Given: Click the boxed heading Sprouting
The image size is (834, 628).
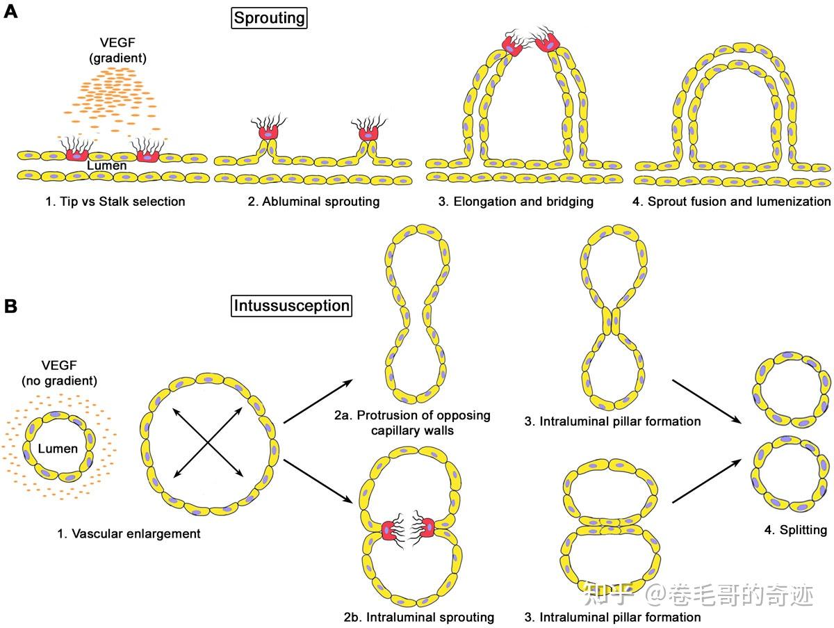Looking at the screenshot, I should pyautogui.click(x=270, y=17).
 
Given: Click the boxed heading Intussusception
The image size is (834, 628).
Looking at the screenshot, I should pyautogui.click(x=291, y=305).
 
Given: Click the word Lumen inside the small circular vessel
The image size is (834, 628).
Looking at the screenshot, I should pyautogui.click(x=58, y=449).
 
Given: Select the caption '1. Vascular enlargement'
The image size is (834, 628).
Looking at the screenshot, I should pyautogui.click(x=129, y=534).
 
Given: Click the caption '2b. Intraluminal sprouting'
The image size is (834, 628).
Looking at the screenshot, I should pyautogui.click(x=418, y=617).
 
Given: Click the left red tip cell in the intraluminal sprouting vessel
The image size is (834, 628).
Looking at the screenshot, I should pyautogui.click(x=392, y=529).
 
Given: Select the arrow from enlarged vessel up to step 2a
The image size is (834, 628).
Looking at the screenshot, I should pyautogui.click(x=316, y=401).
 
